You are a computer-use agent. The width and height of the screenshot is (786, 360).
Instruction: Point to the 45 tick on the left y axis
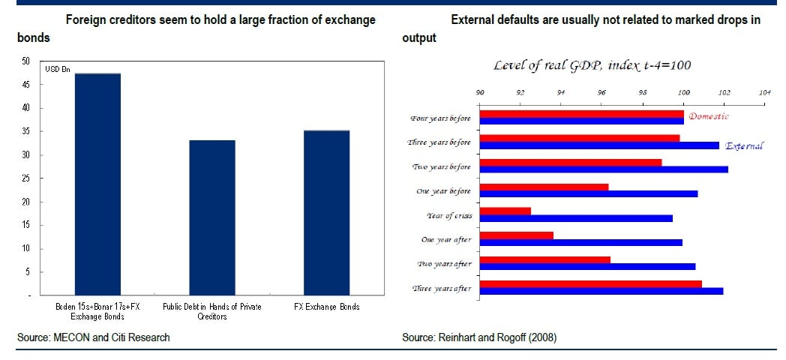click(25, 85)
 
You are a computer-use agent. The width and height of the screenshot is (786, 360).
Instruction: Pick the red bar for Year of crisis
click(505, 211)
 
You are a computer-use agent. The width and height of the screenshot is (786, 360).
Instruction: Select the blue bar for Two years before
click(603, 169)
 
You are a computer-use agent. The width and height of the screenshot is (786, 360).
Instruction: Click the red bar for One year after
click(516, 235)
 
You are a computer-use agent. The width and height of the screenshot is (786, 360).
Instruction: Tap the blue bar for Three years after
click(601, 290)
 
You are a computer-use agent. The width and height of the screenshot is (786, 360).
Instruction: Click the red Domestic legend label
click(708, 116)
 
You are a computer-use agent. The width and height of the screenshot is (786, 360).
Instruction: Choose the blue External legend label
click(743, 145)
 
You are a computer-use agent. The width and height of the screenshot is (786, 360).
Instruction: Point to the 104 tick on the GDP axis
click(764, 93)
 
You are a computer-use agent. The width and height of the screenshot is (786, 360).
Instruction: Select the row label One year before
click(443, 191)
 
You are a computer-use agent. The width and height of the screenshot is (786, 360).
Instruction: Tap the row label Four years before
click(440, 118)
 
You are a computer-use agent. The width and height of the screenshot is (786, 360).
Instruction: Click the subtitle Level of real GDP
click(592, 65)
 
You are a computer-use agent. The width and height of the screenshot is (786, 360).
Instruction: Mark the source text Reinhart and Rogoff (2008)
click(479, 337)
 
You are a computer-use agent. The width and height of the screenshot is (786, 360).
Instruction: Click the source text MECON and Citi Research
click(94, 337)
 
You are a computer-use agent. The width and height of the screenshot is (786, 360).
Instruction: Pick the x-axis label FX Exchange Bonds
click(326, 307)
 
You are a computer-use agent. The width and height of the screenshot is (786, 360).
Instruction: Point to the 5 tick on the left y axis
click(27, 271)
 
